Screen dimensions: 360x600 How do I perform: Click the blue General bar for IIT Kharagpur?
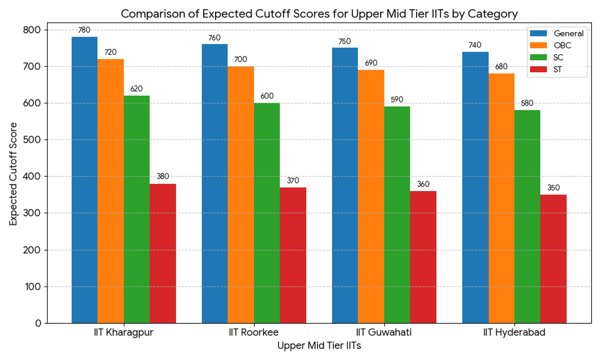(x=84, y=180)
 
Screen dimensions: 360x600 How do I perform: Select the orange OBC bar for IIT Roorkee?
(x=240, y=194)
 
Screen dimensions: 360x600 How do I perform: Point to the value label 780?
(x=84, y=30)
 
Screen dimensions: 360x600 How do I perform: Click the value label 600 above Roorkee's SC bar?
(x=267, y=96)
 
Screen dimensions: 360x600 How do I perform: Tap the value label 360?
(x=423, y=184)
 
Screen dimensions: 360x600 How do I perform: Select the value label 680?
(x=501, y=67)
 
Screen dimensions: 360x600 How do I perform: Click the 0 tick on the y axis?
(x=38, y=323)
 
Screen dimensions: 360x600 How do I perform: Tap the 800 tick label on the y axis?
(x=33, y=30)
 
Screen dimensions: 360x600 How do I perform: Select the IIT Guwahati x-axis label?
(x=384, y=333)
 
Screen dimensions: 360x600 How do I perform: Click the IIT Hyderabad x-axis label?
(x=514, y=333)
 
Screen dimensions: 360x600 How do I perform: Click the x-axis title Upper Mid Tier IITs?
(x=319, y=345)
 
